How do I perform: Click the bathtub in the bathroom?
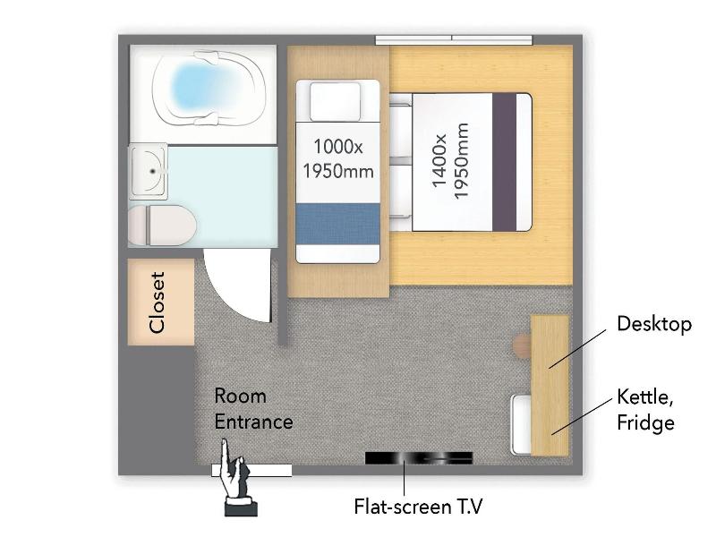point(209,88)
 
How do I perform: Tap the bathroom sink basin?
point(148,171)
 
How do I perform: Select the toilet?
point(162,226)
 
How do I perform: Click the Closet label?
point(157,302)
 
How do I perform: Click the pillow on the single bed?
point(335,101)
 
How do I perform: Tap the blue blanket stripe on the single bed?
point(338,224)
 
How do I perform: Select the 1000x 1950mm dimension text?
point(338,158)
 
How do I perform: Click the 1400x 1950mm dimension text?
point(450,161)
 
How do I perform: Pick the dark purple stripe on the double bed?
point(504,162)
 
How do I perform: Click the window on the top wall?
point(454,40)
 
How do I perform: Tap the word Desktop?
point(654,324)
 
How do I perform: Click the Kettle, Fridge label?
point(645,410)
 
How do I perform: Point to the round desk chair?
point(522,345)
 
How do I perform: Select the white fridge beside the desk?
point(521,424)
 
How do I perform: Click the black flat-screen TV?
point(419,457)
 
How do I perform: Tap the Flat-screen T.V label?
point(418,507)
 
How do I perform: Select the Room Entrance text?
point(253,409)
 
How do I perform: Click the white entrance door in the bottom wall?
point(251,471)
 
